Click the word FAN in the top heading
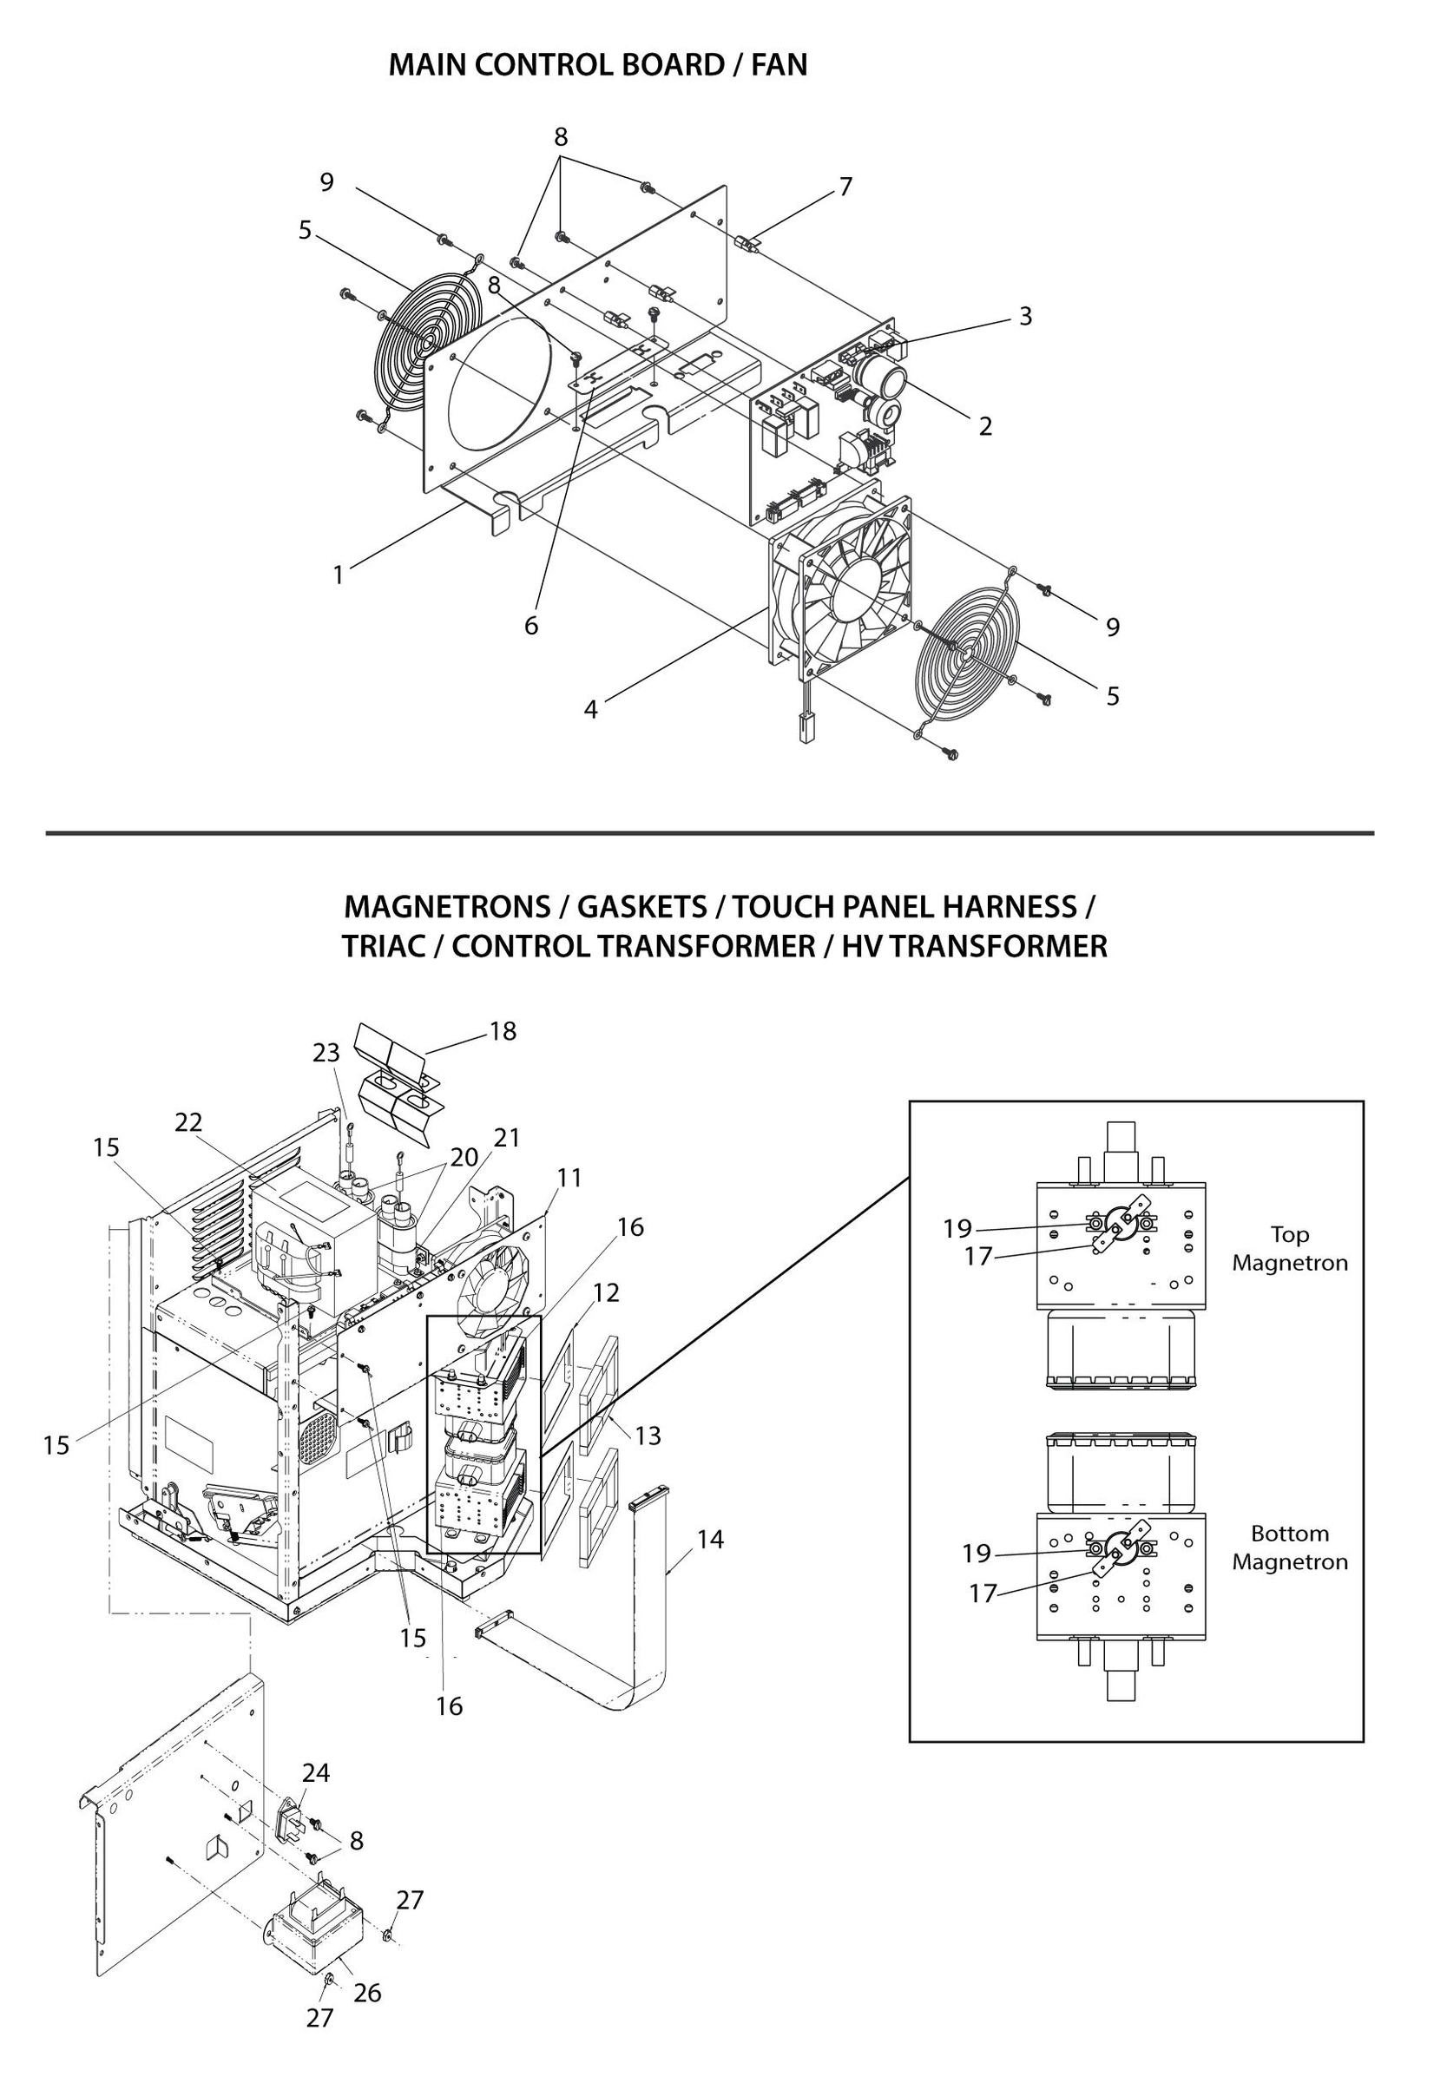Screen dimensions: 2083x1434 (779, 65)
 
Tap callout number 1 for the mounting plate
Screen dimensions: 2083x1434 (339, 575)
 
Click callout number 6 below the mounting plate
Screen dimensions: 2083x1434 (531, 626)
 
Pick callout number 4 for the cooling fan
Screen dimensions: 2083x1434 (590, 710)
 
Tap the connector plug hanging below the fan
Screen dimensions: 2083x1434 (802, 726)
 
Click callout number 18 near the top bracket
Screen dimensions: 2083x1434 (503, 1031)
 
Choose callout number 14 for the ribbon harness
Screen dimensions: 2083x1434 (710, 1540)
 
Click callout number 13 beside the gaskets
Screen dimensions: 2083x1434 (648, 1436)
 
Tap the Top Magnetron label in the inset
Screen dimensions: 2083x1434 (1289, 1249)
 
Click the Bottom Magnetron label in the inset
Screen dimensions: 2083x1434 (1289, 1547)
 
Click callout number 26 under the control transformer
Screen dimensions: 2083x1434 (367, 1992)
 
